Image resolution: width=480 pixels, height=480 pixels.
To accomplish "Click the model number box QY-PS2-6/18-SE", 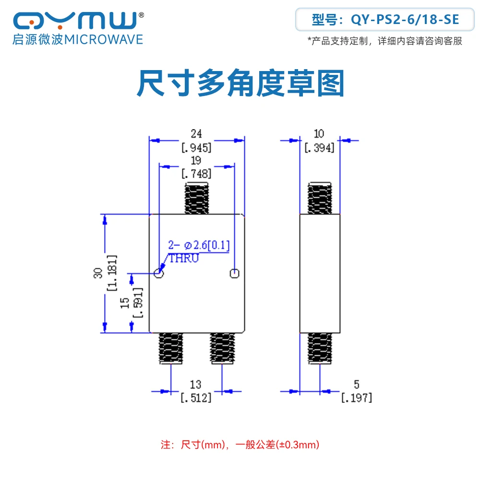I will click(385, 20).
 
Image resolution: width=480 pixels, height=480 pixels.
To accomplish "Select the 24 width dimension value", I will click(196, 133).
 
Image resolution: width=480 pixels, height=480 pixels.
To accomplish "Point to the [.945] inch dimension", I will click(196, 147).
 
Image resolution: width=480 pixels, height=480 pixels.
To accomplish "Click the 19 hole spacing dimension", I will click(196, 160).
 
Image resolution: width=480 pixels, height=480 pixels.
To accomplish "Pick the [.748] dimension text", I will click(196, 173).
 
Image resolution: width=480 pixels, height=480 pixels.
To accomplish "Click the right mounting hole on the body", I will click(234, 274).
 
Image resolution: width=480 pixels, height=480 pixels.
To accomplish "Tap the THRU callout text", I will click(183, 258).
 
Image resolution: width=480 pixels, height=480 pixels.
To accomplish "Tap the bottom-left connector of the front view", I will click(171, 348).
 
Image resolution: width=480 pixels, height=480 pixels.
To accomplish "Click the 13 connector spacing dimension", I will click(196, 384).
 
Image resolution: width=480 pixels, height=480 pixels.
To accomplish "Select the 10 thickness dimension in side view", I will click(319, 133).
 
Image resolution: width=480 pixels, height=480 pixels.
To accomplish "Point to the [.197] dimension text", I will click(356, 397).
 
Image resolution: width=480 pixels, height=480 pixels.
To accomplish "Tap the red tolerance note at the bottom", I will click(240, 444).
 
